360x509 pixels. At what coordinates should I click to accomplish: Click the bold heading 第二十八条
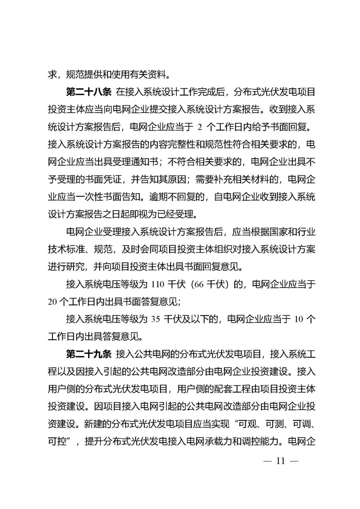pos(89,92)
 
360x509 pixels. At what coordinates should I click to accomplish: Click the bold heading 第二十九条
pos(89,354)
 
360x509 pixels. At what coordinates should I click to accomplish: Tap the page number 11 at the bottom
pos(280,461)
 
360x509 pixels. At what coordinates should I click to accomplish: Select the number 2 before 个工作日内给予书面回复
pos(200,127)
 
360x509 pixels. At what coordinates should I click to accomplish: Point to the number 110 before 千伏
pos(158,284)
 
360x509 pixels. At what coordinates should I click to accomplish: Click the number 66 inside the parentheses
pos(198,284)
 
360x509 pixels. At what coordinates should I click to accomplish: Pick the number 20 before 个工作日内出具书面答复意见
pos(53,302)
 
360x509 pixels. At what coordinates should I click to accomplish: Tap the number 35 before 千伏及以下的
pos(155,319)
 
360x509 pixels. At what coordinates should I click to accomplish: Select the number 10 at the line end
pos(298,319)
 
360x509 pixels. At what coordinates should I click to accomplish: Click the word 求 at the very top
pos(52,75)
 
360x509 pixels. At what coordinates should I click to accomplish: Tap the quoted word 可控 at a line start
pos(57,441)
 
